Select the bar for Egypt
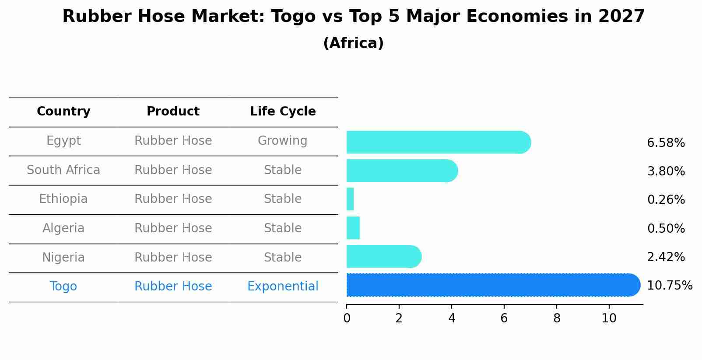click(x=438, y=142)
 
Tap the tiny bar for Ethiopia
click(x=350, y=199)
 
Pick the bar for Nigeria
click(x=383, y=256)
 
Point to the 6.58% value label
click(x=665, y=143)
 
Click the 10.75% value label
click(x=669, y=286)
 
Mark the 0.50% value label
click(x=665, y=228)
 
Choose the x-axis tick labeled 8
click(x=557, y=318)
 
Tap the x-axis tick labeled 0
click(x=347, y=318)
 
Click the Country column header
click(x=63, y=112)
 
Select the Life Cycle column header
click(x=283, y=112)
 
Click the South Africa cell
click(x=63, y=170)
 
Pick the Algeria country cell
click(x=63, y=228)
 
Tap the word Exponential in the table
click(x=283, y=287)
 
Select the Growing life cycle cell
click(x=283, y=141)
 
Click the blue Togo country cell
click(x=63, y=287)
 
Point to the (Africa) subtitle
click(x=353, y=43)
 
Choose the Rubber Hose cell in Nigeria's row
click(x=173, y=257)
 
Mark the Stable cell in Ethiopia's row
click(x=283, y=199)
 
